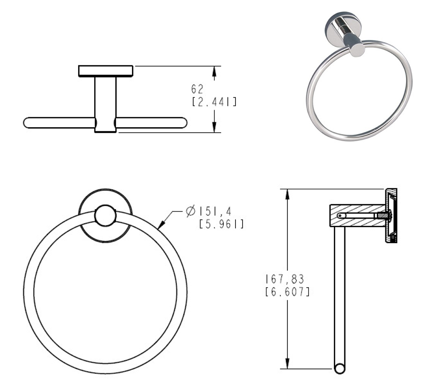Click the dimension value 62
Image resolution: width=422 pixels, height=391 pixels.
[x=197, y=89]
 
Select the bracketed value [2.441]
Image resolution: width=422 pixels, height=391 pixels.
[x=214, y=102]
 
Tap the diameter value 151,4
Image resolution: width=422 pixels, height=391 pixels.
[x=215, y=212]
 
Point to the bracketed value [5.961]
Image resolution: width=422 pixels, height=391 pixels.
[x=221, y=224]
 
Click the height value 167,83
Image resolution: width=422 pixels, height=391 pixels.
[x=285, y=279]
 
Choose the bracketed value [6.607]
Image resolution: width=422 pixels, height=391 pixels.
[x=287, y=292]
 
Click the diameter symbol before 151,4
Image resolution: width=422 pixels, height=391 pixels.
[x=191, y=211]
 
